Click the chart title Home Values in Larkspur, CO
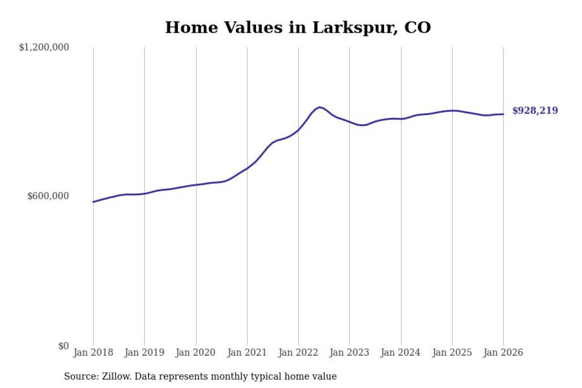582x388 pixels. (x=298, y=28)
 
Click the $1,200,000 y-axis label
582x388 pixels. (x=44, y=47)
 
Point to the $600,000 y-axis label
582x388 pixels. (x=48, y=196)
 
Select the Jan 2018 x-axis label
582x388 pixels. (x=94, y=353)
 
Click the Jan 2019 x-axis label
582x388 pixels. (x=145, y=353)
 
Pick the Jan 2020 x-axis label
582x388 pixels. (x=196, y=353)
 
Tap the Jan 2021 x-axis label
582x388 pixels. (x=247, y=353)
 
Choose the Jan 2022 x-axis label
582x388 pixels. (x=298, y=353)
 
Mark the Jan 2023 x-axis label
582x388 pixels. (x=350, y=353)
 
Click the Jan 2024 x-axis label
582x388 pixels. (x=401, y=353)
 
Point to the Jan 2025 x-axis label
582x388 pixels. (x=452, y=353)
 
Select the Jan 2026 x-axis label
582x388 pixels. (x=503, y=353)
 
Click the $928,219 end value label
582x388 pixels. (x=535, y=111)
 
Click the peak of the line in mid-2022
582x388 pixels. (x=320, y=107)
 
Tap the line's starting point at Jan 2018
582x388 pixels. (x=94, y=202)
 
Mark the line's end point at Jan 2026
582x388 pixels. (x=503, y=114)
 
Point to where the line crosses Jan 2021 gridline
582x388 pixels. (x=247, y=168)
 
